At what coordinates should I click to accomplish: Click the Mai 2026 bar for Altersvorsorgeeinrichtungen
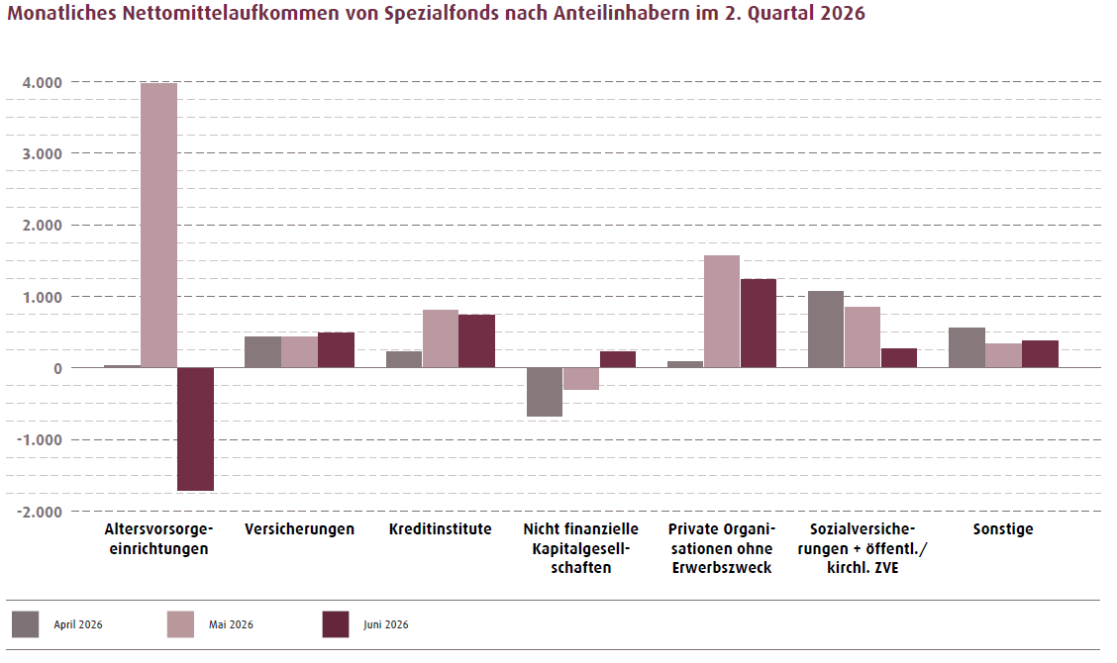click(x=158, y=225)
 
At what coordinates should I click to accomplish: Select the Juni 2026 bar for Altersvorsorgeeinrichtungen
click(x=196, y=428)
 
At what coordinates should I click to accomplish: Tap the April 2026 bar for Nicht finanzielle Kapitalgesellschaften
click(x=545, y=392)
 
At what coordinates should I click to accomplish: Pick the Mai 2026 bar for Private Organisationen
click(x=722, y=311)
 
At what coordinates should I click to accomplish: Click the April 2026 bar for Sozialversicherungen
click(x=826, y=329)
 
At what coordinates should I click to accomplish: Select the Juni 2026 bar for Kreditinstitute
click(x=476, y=341)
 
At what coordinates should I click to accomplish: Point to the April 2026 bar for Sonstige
click(x=966, y=347)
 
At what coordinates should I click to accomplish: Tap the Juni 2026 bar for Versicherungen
click(x=337, y=349)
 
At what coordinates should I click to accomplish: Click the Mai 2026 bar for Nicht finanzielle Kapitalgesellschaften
click(x=581, y=379)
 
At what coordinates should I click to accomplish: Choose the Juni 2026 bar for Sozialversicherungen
click(x=899, y=357)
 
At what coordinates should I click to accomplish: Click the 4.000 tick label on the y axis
click(x=42, y=82)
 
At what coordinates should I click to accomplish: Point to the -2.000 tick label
click(x=40, y=512)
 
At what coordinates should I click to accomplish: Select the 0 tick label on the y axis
click(x=57, y=368)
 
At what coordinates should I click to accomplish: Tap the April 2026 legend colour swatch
click(x=26, y=624)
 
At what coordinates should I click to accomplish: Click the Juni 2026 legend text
click(x=386, y=624)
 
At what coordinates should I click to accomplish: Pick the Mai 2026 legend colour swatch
click(x=181, y=624)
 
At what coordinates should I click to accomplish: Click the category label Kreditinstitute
click(x=441, y=529)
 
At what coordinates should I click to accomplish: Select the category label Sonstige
click(x=1003, y=529)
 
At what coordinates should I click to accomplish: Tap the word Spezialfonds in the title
click(x=442, y=14)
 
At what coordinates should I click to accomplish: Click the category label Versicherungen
click(x=299, y=529)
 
